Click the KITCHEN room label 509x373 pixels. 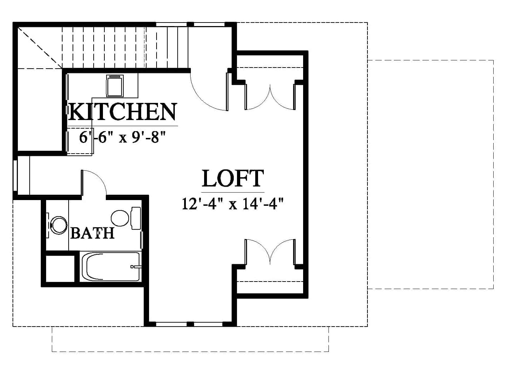(123, 112)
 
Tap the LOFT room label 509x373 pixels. (233, 178)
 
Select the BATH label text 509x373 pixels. (93, 233)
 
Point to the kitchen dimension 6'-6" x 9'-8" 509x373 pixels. (122, 138)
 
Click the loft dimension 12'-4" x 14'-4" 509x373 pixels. (233, 204)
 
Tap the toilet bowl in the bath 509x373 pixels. (120, 218)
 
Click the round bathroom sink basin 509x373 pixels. (59, 225)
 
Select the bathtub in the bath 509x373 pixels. (111, 267)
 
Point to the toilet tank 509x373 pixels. (136, 218)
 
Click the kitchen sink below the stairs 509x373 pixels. (115, 86)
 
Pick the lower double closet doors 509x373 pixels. (270, 252)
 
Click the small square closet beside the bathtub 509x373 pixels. (60, 269)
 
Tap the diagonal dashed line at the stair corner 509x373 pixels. (40, 48)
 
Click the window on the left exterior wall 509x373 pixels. (15, 175)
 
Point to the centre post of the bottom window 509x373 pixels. (190, 324)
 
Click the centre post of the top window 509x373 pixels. (190, 25)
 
